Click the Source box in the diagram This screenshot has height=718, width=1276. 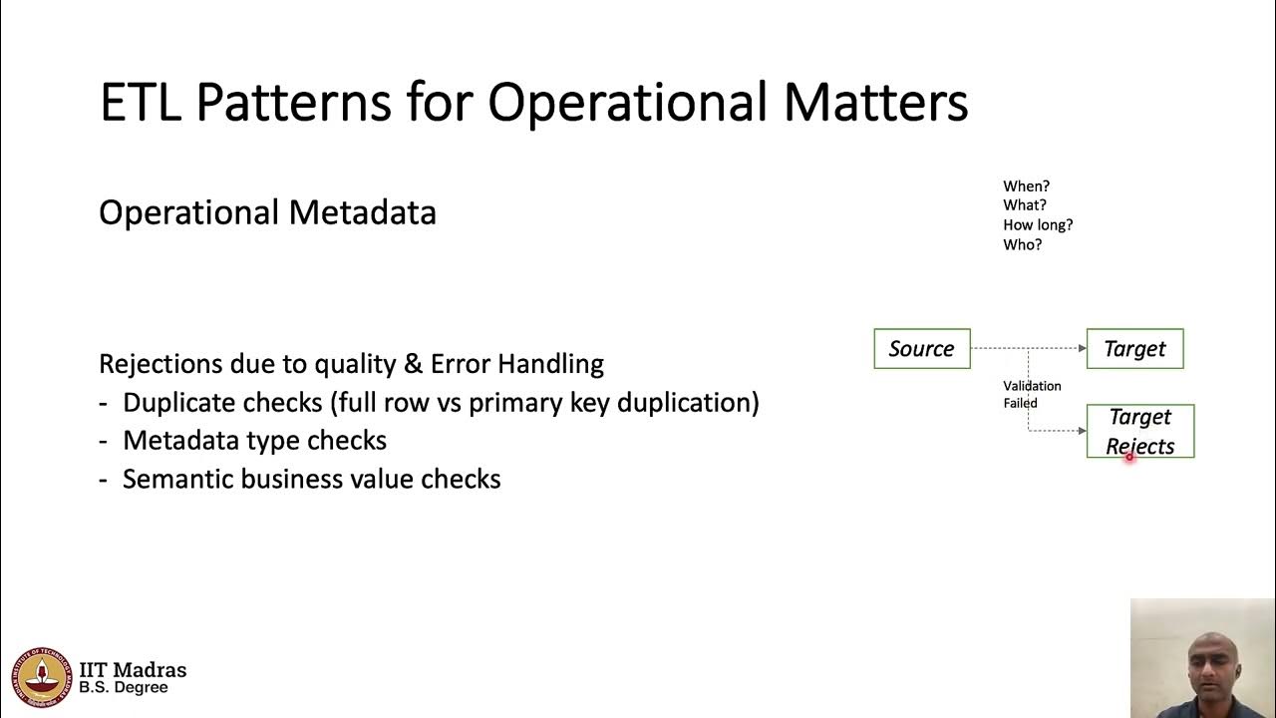tap(921, 349)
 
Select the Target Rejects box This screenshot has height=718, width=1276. tap(1139, 431)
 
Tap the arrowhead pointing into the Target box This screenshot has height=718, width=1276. tap(1082, 348)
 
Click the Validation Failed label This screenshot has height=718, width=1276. tap(1032, 394)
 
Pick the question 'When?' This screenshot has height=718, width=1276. tap(1026, 186)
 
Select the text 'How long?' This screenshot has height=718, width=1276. tap(1038, 225)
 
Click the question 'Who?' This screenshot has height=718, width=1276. tap(1022, 244)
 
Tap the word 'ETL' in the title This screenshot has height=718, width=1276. tap(141, 102)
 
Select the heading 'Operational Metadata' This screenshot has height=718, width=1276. tap(267, 212)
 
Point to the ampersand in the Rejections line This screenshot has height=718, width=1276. tap(414, 364)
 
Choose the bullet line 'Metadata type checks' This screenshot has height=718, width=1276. tap(254, 441)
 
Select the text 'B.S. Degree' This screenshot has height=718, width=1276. tap(124, 688)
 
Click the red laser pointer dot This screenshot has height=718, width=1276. tap(1129, 457)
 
